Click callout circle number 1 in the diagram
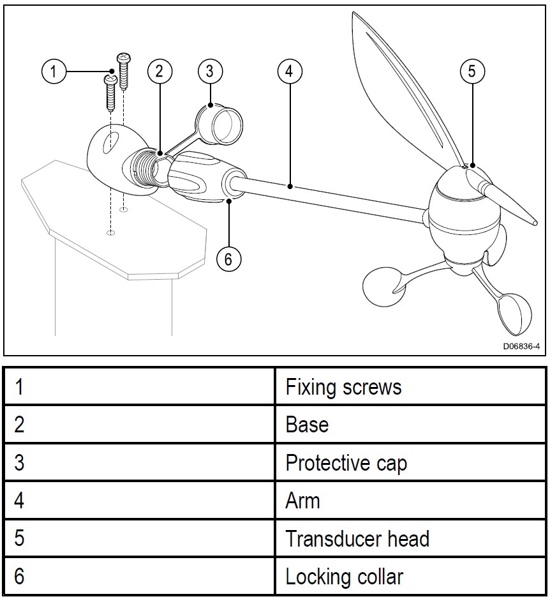pos(54,71)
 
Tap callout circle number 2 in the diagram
pos(160,71)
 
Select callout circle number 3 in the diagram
pos(210,71)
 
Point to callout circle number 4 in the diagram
pos(289,71)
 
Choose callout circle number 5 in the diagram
pos(472,71)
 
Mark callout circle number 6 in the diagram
pos(228,258)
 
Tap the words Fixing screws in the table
pos(343,387)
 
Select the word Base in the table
pos(307,425)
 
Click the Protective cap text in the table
pos(346,463)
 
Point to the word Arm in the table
pos(302,501)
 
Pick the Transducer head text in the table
pos(357,539)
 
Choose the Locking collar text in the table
pos(344,577)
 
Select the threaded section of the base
pos(145,168)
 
